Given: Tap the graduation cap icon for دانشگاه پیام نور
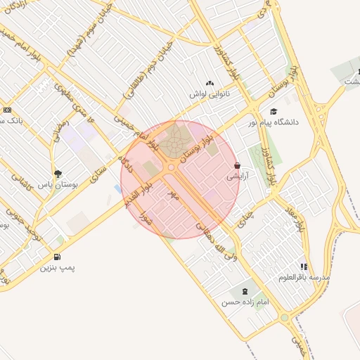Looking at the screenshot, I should [x=274, y=111].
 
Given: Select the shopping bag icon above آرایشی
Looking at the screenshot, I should [x=237, y=166].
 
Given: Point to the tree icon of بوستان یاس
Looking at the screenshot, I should [x=58, y=173].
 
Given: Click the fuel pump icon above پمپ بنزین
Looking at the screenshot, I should [x=56, y=256].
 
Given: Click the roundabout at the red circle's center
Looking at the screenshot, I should [x=171, y=167].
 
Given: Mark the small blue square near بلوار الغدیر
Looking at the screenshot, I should [x=116, y=188].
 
